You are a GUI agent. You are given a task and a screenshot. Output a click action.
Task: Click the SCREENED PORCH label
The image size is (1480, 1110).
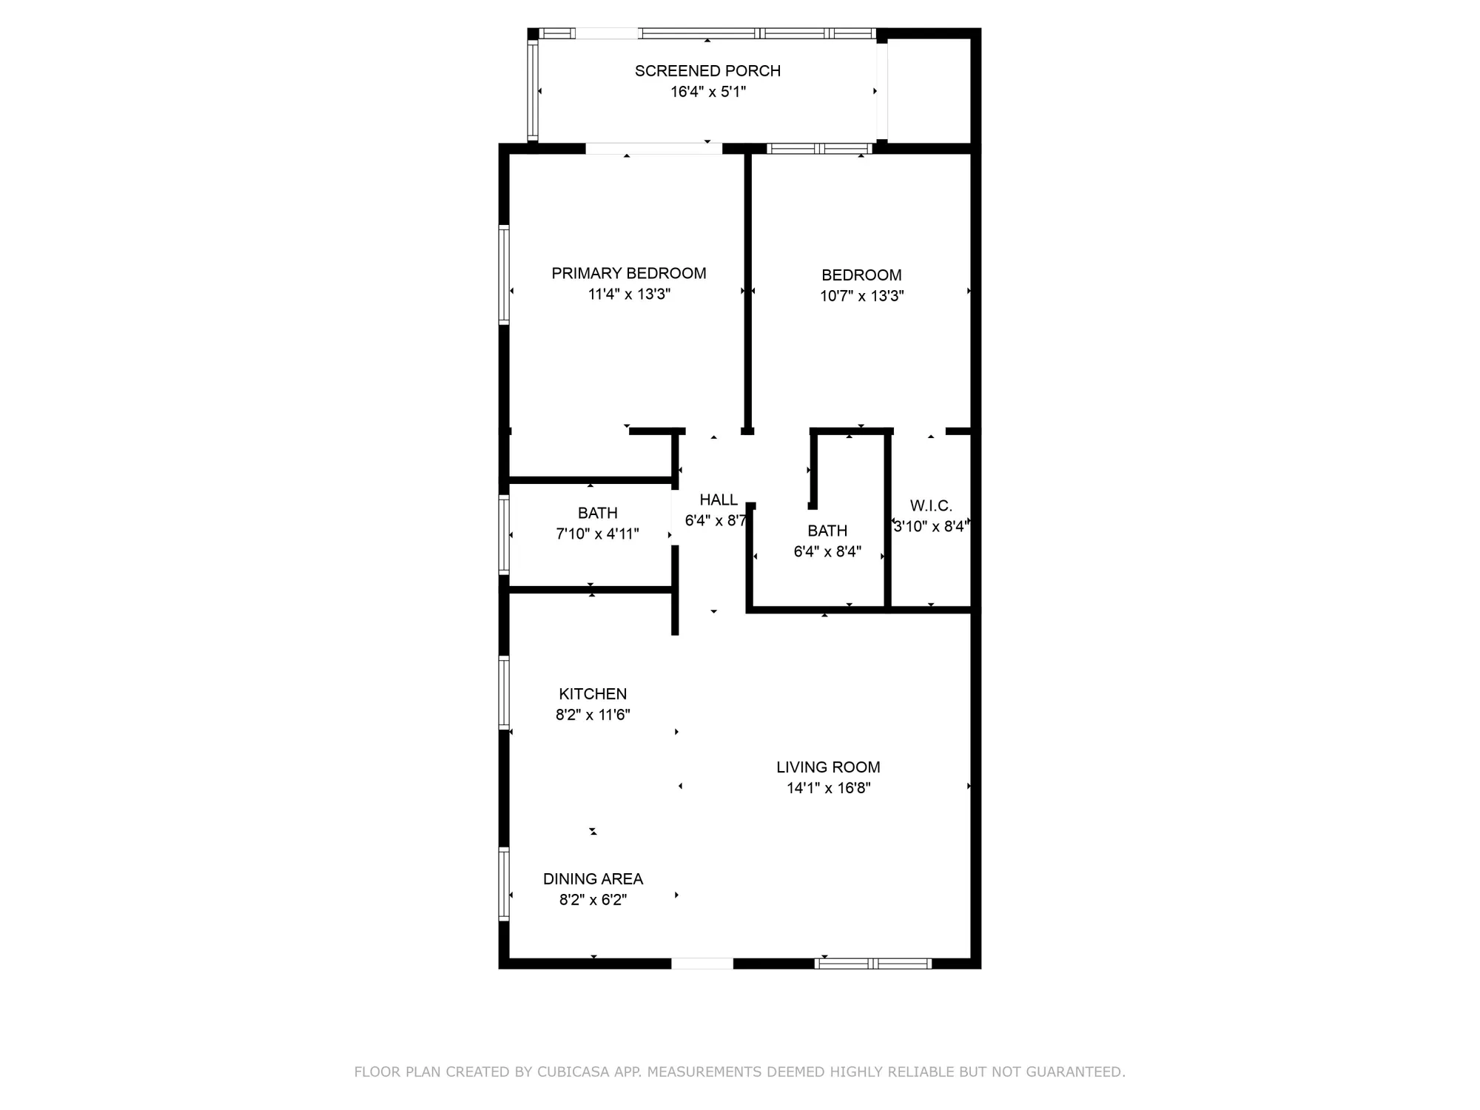(707, 71)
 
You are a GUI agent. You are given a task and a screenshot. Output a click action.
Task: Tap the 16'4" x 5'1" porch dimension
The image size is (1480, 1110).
(707, 92)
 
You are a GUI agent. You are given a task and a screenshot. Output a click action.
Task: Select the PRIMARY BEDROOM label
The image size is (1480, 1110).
(628, 273)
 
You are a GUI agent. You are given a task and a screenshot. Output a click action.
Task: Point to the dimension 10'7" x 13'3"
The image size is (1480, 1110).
(861, 296)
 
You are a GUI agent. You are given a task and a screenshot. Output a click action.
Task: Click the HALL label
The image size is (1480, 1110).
(718, 499)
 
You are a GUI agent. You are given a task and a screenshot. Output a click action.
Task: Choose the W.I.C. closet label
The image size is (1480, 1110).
(930, 506)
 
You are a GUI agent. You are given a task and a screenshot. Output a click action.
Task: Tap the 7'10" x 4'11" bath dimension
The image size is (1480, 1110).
(597, 534)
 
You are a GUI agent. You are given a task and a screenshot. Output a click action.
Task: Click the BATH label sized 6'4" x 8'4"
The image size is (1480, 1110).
(827, 531)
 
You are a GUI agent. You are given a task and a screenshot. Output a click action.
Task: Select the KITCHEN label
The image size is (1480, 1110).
(592, 694)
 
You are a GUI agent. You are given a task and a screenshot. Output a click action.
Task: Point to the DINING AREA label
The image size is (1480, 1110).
(593, 879)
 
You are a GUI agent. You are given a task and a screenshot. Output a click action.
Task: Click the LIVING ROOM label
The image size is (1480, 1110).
(828, 767)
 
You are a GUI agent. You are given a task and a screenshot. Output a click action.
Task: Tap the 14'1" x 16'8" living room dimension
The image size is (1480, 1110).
(828, 788)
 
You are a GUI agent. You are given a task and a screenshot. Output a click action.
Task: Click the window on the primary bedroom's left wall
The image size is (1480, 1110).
(504, 275)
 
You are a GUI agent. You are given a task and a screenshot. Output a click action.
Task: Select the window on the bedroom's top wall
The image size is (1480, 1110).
(819, 149)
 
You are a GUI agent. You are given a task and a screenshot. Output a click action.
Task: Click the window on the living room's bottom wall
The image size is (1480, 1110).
(872, 963)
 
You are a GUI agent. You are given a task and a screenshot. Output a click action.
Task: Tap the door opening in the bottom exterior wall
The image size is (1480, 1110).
(702, 963)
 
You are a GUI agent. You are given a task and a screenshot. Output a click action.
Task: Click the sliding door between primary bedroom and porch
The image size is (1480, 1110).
(653, 149)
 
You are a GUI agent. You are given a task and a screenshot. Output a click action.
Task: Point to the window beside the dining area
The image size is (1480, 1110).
(504, 884)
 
